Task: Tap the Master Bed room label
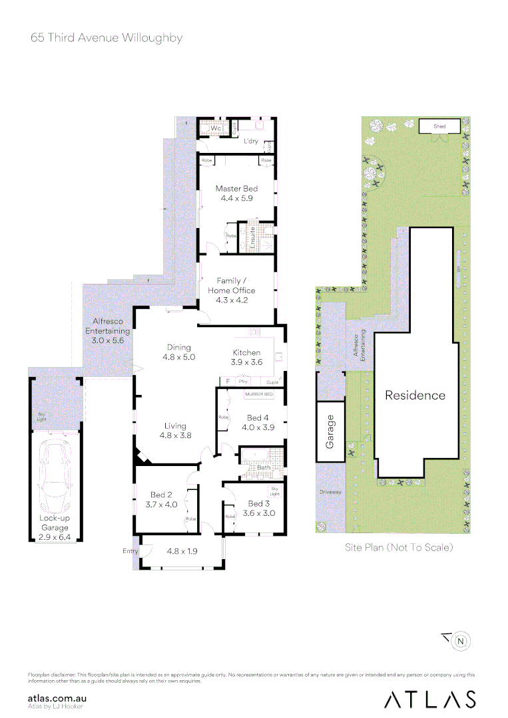pyautogui.click(x=236, y=189)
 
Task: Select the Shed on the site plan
pyautogui.click(x=439, y=126)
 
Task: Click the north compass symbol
pyautogui.click(x=460, y=641)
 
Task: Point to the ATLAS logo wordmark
pyautogui.click(x=429, y=699)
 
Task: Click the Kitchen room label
pyautogui.click(x=246, y=352)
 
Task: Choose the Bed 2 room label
pyautogui.click(x=162, y=495)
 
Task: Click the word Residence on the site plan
pyautogui.click(x=415, y=395)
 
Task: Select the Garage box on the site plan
pyautogui.click(x=330, y=431)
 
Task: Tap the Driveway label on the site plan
pyautogui.click(x=330, y=493)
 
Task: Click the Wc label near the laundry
pyautogui.click(x=216, y=128)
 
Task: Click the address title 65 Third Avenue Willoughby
pyautogui.click(x=107, y=38)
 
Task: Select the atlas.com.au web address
pyautogui.click(x=58, y=698)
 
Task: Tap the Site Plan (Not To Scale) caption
pyautogui.click(x=399, y=548)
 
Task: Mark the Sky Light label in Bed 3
pyautogui.click(x=274, y=492)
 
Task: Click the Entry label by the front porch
pyautogui.click(x=130, y=551)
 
